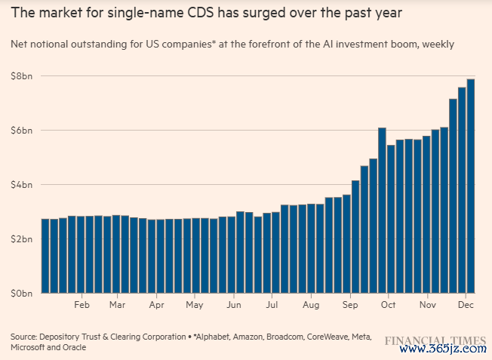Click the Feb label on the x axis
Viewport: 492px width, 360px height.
pyautogui.click(x=82, y=306)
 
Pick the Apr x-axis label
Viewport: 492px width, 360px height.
pyautogui.click(x=156, y=306)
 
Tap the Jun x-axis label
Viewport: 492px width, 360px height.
pyautogui.click(x=234, y=306)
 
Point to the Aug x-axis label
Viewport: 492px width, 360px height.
pyautogui.click(x=310, y=306)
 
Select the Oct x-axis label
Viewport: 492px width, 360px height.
pyautogui.click(x=388, y=306)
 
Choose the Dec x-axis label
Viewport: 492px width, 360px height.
pyautogui.click(x=466, y=306)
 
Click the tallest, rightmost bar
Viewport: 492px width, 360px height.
pyautogui.click(x=471, y=186)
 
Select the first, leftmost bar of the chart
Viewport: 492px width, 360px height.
pyautogui.click(x=45, y=256)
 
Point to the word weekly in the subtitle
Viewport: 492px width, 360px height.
pyautogui.click(x=438, y=45)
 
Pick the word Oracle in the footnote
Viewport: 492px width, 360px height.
pyautogui.click(x=74, y=347)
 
